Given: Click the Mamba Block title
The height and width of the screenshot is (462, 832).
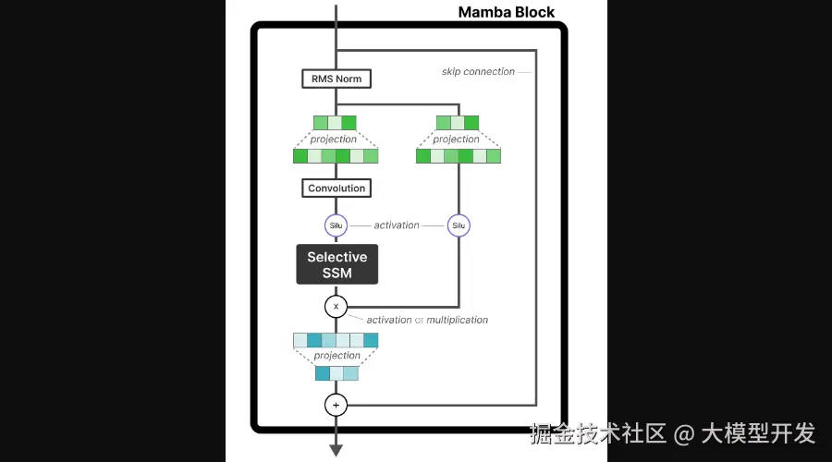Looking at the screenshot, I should click(x=507, y=12).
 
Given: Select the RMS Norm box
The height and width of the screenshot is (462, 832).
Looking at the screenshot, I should click(x=336, y=79).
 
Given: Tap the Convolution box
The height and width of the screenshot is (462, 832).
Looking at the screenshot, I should click(x=336, y=188).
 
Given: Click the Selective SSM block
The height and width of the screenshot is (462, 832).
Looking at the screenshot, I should click(x=336, y=264).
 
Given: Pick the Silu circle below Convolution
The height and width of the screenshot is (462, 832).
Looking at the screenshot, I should click(x=336, y=225).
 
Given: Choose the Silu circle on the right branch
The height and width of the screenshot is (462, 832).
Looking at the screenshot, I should click(x=459, y=225).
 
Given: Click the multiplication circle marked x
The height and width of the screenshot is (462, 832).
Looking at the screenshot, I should click(x=336, y=306).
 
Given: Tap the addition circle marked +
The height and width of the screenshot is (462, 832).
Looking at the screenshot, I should click(x=336, y=405).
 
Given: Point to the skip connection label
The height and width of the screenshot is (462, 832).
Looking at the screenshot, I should click(x=478, y=72).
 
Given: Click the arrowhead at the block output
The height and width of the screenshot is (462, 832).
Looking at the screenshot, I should click(x=336, y=450).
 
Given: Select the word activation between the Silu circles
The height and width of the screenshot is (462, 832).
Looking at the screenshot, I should click(x=397, y=225).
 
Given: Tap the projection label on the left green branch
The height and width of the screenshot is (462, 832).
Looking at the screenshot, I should click(x=334, y=140).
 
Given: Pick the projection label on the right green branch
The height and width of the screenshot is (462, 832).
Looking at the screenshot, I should click(x=457, y=140).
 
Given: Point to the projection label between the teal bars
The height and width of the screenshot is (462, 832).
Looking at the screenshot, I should click(x=336, y=356).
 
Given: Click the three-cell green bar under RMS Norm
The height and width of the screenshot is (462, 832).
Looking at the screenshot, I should click(x=335, y=122).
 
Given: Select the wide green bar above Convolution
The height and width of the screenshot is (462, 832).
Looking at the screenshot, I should click(x=336, y=156).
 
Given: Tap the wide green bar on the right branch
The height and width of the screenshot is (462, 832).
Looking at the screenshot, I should click(x=459, y=156).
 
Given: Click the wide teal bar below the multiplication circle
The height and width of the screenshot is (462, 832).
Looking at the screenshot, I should click(x=336, y=340).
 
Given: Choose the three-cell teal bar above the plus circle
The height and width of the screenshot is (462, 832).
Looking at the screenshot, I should click(x=336, y=373).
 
